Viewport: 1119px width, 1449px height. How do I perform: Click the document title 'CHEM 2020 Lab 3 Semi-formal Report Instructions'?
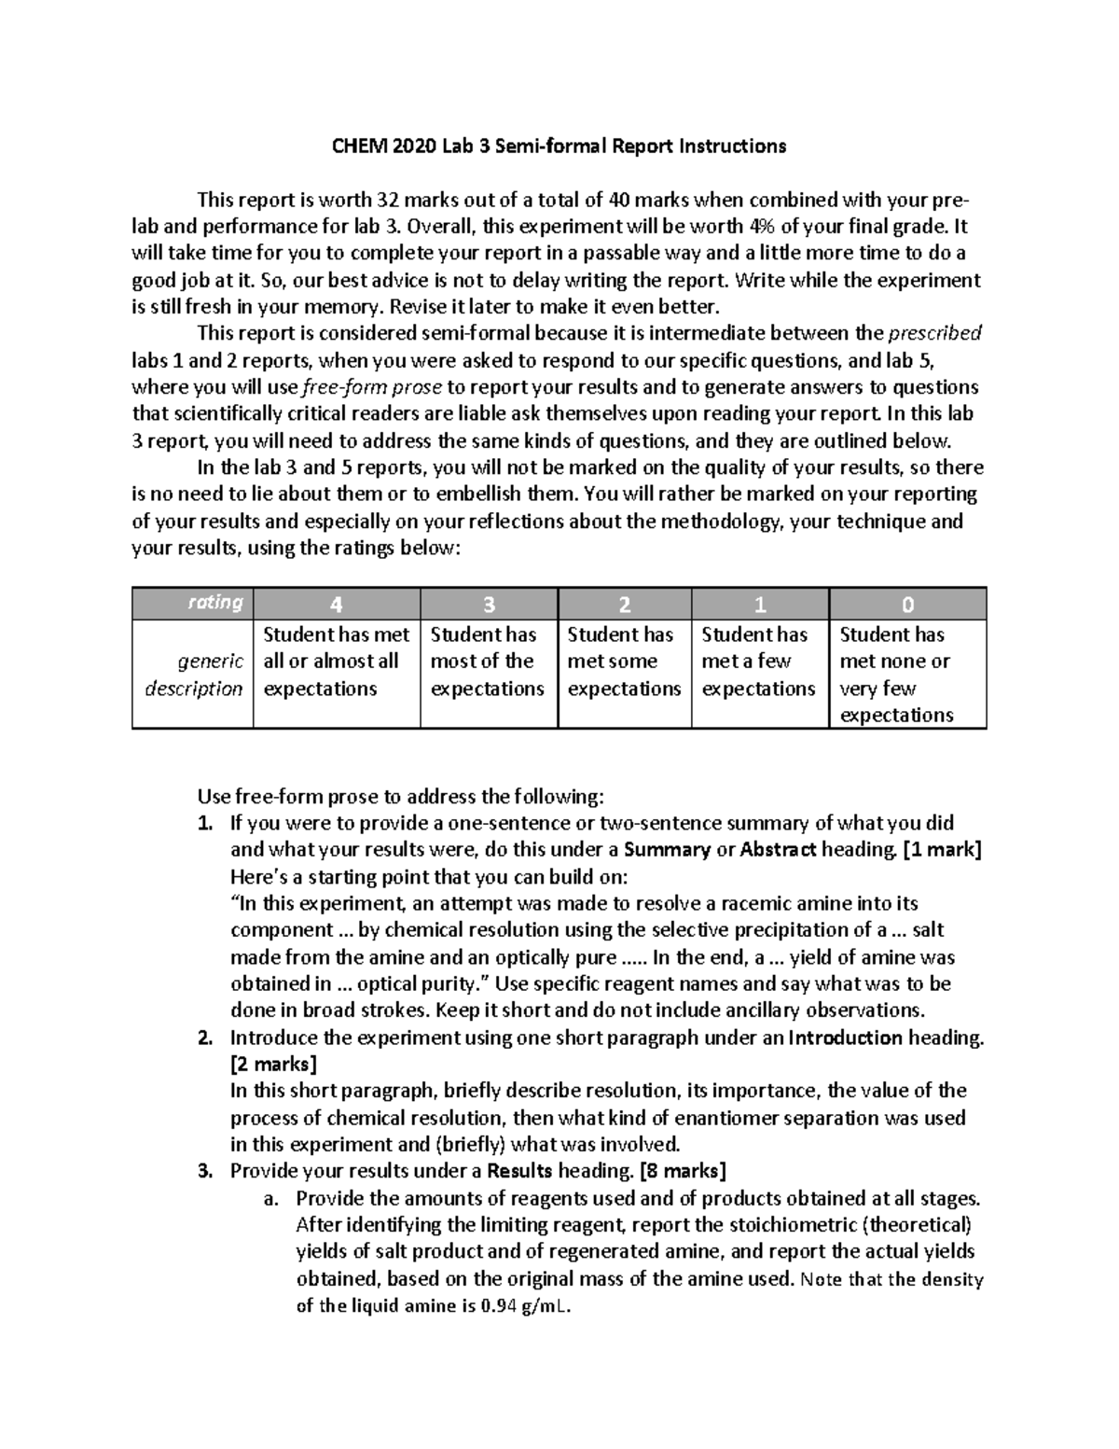coord(559,146)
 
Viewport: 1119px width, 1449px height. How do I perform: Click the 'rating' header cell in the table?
coord(215,603)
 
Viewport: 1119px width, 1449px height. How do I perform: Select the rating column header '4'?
coord(336,605)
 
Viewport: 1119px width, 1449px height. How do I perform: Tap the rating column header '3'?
coord(489,605)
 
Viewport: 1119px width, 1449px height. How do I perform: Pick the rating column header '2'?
coord(624,605)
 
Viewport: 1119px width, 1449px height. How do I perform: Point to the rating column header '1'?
coord(760,605)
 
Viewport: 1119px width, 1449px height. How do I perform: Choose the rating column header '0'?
coord(907,605)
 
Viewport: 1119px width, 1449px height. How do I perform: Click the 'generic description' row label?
coord(194,675)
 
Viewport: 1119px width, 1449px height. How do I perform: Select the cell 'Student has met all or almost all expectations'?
coord(336,662)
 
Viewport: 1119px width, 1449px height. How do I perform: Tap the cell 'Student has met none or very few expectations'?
coord(896,675)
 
